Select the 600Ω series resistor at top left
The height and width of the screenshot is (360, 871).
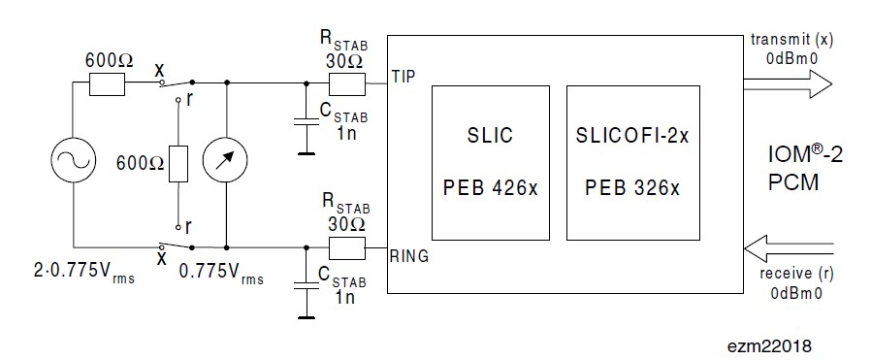(x=106, y=84)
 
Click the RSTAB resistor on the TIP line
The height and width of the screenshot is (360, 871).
(x=345, y=84)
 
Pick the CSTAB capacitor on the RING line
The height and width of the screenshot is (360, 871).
(x=304, y=282)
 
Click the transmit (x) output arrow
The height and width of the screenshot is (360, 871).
(x=787, y=85)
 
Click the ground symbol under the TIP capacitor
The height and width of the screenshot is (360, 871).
(x=304, y=151)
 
